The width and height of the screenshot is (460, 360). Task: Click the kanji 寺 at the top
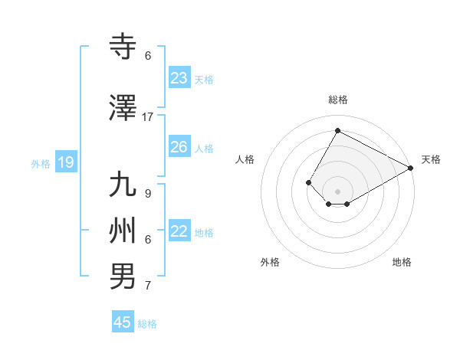[x=123, y=46]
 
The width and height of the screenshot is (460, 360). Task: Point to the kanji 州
[x=123, y=230]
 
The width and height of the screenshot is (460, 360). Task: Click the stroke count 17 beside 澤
[x=148, y=117]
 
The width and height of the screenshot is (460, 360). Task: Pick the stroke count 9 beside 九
[x=148, y=193]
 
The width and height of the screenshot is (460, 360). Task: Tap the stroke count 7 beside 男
[x=148, y=286]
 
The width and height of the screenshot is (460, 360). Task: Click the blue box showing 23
[x=179, y=78]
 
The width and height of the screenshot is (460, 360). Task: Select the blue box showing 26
[x=179, y=147]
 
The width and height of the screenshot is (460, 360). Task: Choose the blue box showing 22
[x=179, y=231]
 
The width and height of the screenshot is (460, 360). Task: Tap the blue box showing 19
[x=66, y=162]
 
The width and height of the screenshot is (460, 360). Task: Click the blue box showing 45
[x=123, y=322]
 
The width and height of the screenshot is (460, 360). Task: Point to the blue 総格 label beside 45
[x=148, y=324]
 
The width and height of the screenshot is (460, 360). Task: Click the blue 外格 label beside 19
[x=41, y=163]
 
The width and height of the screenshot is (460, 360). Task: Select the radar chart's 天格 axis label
[x=431, y=159]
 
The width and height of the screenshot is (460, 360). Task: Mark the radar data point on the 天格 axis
[x=410, y=168]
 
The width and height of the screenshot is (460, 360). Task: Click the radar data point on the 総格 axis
[x=337, y=131]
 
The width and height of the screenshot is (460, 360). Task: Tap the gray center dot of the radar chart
[x=337, y=191]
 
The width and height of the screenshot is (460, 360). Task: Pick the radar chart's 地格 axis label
[x=402, y=262]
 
